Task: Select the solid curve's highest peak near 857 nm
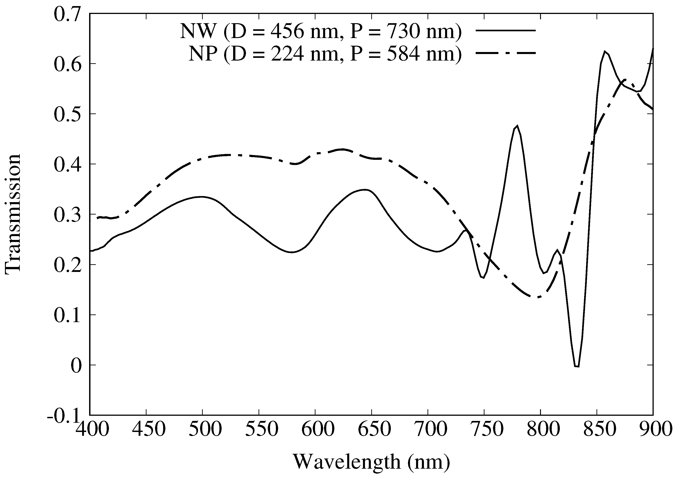click(604, 51)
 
